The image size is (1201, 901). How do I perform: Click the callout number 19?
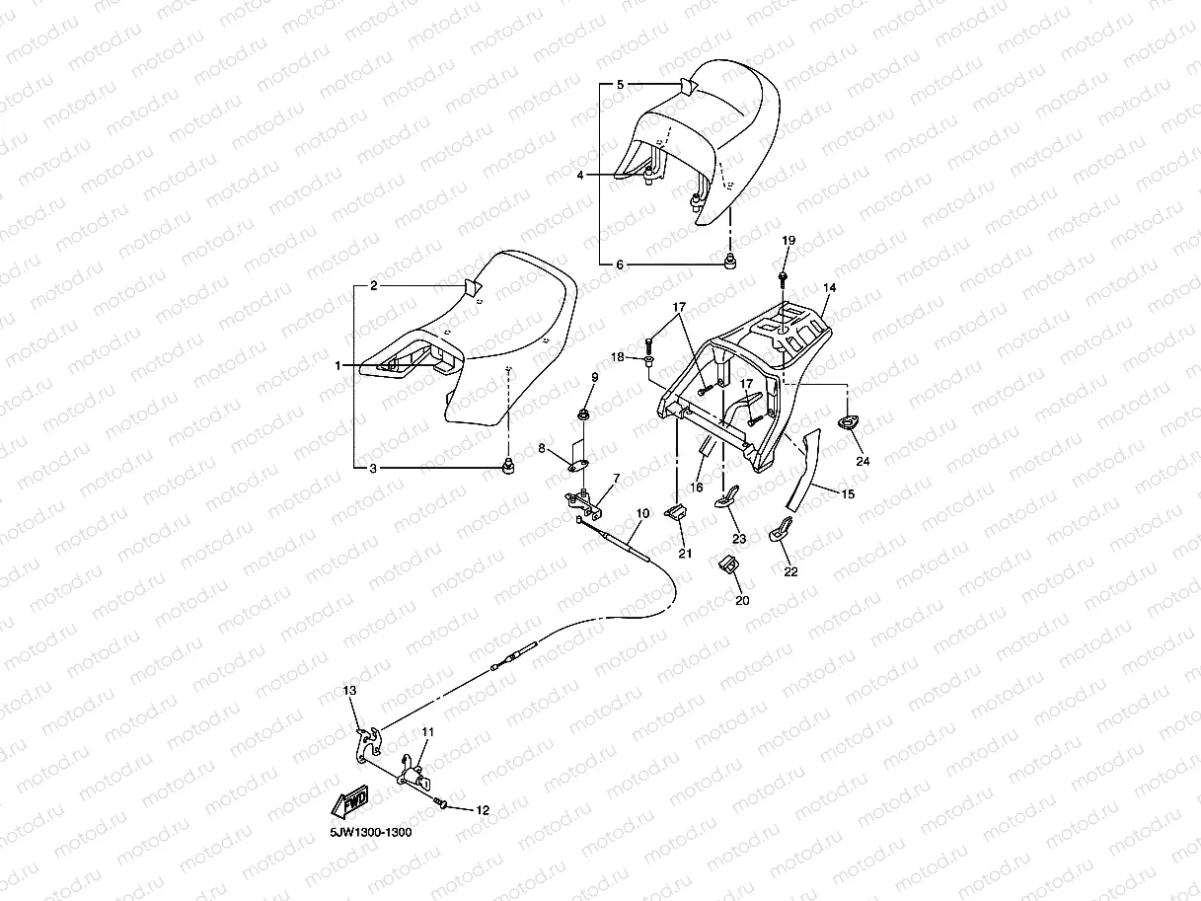click(788, 241)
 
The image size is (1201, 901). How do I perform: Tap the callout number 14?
click(829, 287)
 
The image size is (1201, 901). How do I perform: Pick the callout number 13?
click(348, 691)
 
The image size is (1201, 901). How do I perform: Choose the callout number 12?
click(482, 810)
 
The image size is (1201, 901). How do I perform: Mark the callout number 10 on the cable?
click(642, 513)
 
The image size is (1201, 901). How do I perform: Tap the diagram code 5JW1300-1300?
click(370, 832)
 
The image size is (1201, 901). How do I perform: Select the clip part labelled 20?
click(731, 567)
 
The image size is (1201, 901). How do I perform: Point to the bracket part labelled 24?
click(848, 422)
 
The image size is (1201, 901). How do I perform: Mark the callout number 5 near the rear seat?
click(620, 85)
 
